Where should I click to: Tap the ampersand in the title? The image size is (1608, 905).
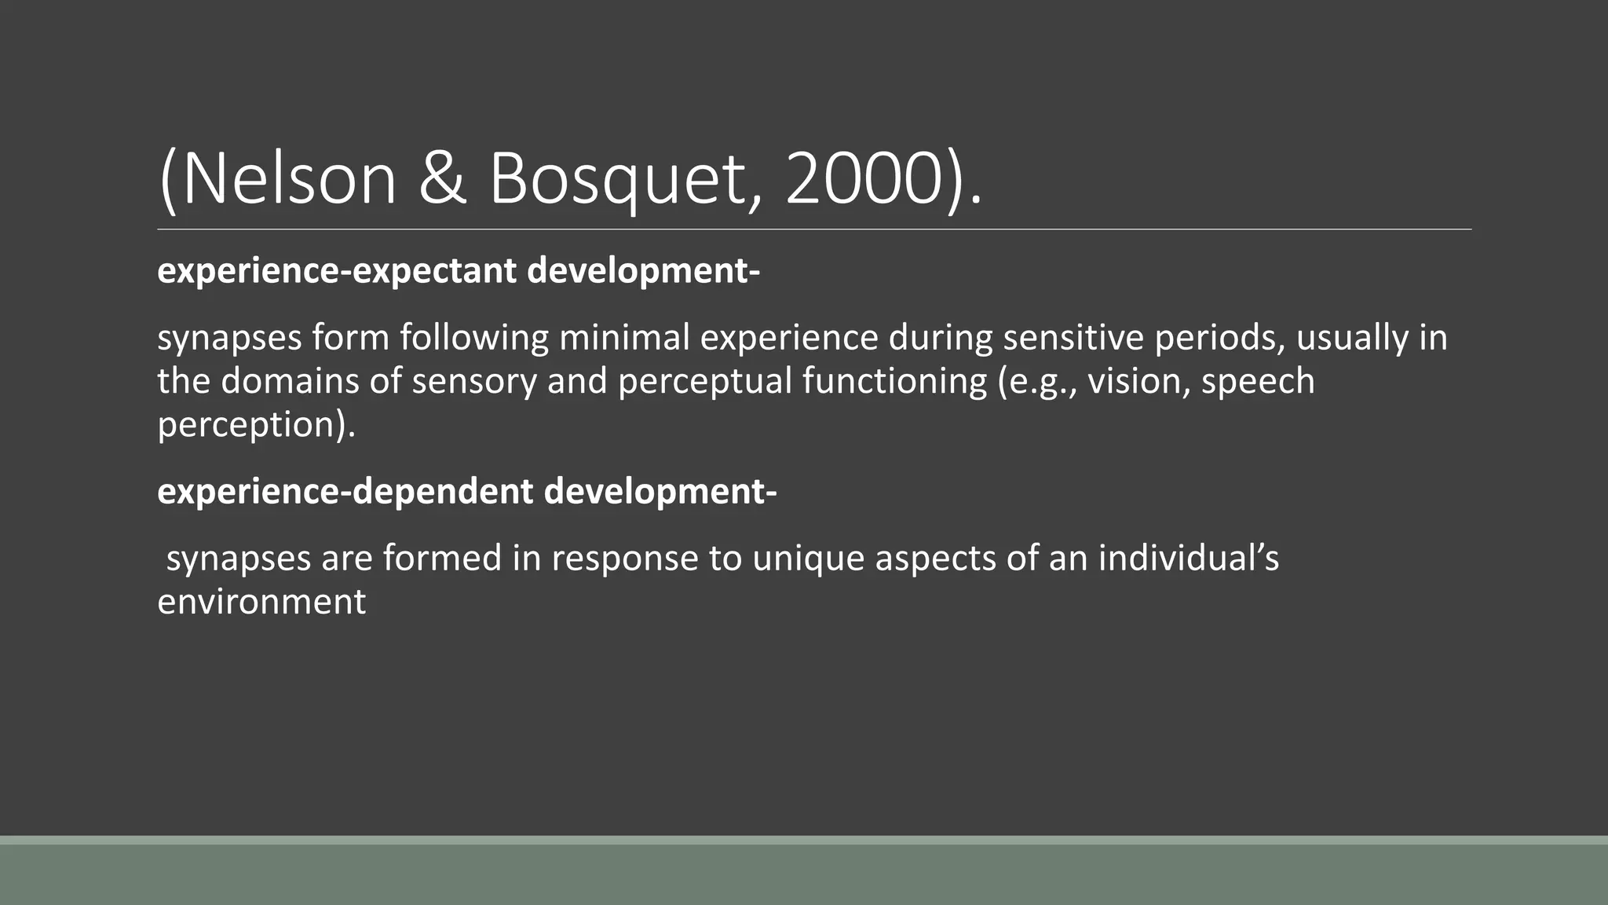[442, 179]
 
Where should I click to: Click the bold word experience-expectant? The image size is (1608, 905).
[338, 271]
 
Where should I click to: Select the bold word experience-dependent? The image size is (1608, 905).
[345, 492]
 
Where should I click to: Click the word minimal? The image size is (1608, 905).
[624, 338]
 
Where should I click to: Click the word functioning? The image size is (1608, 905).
[894, 382]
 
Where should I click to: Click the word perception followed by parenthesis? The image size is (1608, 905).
[255, 425]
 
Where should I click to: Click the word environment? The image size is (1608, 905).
[261, 603]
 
